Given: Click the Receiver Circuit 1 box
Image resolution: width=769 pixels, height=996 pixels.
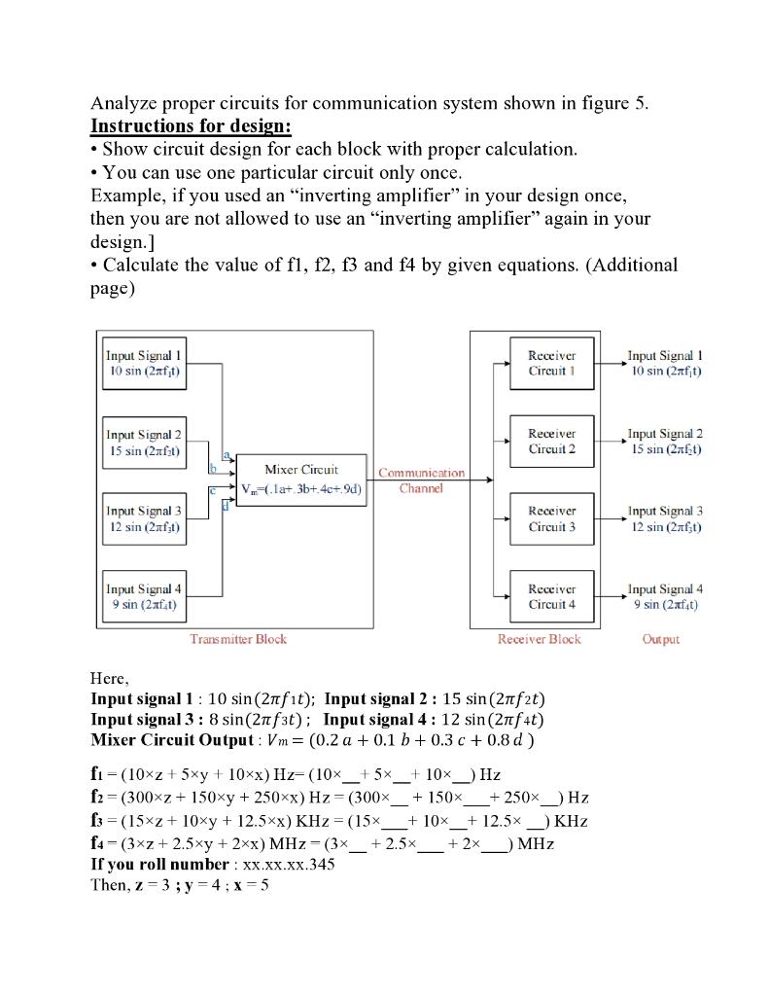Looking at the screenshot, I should [x=551, y=363].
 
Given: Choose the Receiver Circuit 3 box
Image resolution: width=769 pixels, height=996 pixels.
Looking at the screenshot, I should [x=551, y=518].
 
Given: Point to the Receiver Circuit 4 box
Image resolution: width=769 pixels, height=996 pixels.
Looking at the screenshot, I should [x=551, y=596].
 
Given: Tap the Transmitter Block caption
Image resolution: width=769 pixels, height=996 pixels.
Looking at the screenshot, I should [x=238, y=639].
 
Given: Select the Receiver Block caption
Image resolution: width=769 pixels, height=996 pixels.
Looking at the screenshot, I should [x=539, y=639].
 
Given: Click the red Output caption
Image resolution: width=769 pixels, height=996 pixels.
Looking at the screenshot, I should [x=661, y=639].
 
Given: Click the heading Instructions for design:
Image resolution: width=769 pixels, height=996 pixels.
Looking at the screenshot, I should [x=191, y=126].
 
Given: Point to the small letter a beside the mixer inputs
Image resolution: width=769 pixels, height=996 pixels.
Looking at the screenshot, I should [x=227, y=454].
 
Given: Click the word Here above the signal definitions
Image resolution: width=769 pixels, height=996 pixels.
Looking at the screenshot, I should [x=109, y=677].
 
